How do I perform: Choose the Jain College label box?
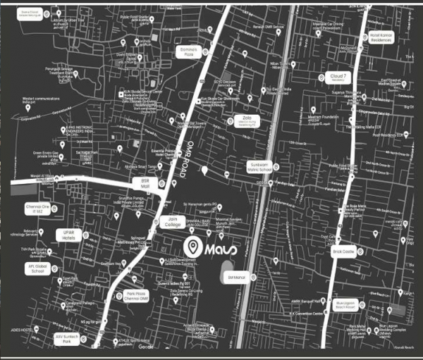pyautogui.click(x=171, y=222)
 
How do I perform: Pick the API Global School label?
pyautogui.click(x=37, y=269)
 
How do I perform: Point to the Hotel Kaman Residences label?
pyautogui.click(x=381, y=36)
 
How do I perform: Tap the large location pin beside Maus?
pyautogui.click(x=191, y=247)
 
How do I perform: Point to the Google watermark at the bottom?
pyautogui.click(x=145, y=347)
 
